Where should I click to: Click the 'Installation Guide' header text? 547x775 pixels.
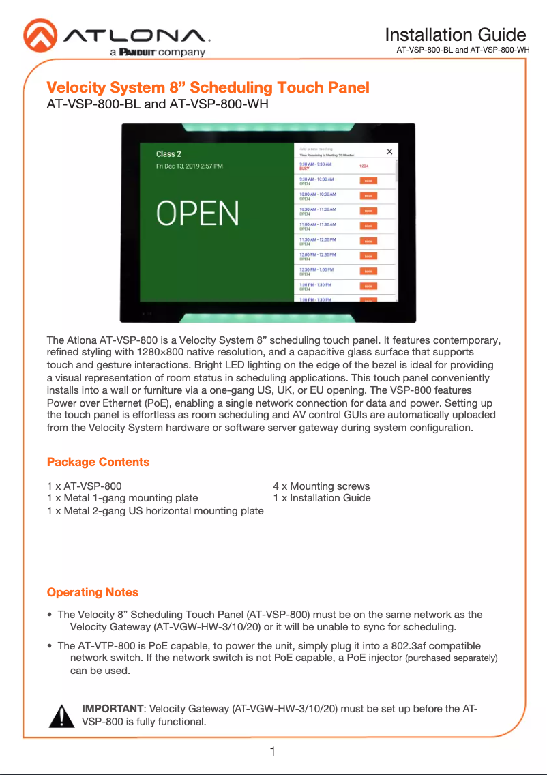455,35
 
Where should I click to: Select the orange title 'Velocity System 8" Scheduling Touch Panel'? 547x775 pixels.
208,87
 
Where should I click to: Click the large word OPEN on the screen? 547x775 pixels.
198,213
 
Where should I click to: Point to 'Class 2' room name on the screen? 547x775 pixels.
169,154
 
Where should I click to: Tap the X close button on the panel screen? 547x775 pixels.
389,152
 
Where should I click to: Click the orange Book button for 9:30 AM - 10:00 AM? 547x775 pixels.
368,181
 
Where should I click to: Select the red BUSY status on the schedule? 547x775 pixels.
304,168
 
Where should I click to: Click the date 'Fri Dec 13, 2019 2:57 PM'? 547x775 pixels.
190,166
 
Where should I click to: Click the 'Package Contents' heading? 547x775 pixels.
98,463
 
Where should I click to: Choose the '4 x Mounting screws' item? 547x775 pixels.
321,486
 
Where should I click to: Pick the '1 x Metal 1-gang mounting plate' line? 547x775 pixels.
123,498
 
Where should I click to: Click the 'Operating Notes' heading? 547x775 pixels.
93,592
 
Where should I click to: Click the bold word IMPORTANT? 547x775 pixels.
113,709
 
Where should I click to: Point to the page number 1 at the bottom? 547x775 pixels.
273,752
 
